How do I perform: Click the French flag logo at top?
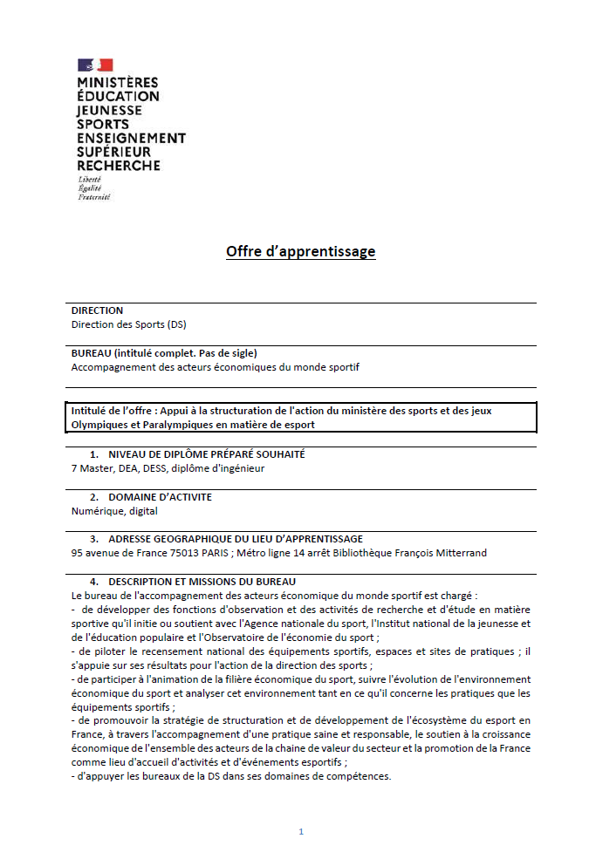95,65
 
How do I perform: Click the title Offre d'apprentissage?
300,252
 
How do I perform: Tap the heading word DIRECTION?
97,310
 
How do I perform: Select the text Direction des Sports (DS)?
128,324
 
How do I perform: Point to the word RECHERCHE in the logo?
119,166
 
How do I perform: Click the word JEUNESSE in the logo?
109,111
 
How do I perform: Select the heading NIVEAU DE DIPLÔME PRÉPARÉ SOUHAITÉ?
206,454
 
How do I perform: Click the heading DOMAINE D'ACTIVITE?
160,497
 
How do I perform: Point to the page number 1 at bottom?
301,832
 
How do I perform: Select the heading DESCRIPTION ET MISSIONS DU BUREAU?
202,582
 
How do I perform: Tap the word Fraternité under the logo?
94,197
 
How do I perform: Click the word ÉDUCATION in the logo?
118,97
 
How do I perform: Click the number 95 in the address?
77,553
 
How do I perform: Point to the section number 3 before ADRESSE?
93,539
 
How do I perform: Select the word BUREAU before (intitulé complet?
92,353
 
